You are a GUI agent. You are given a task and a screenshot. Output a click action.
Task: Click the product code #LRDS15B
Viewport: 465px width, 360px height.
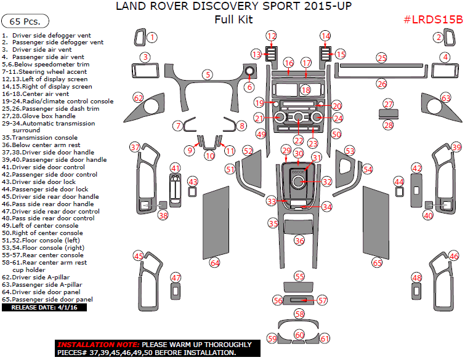pyautogui.click(x=433, y=20)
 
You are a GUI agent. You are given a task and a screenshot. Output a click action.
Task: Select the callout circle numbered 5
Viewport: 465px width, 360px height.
pyautogui.click(x=208, y=74)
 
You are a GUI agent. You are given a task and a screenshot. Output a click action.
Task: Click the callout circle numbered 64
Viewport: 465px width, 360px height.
pyautogui.click(x=214, y=263)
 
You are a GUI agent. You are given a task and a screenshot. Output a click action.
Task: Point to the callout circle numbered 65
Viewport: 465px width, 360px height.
pyautogui.click(x=378, y=263)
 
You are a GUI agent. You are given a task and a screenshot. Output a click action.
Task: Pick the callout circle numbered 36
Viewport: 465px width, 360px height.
pyautogui.click(x=299, y=241)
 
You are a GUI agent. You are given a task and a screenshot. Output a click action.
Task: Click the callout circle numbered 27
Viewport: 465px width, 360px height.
pyautogui.click(x=388, y=104)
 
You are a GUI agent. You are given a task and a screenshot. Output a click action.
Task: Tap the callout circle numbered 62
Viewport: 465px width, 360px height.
pyautogui.click(x=139, y=98)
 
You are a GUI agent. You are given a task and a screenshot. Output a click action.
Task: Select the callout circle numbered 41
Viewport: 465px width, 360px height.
pyautogui.click(x=176, y=168)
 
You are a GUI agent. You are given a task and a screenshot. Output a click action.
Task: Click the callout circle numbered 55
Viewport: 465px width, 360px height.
pyautogui.click(x=299, y=276)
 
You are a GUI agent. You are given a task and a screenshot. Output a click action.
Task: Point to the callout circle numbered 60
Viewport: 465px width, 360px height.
pyautogui.click(x=299, y=335)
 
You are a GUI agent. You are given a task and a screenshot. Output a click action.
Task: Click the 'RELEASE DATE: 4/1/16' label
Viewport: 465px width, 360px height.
pyautogui.click(x=44, y=307)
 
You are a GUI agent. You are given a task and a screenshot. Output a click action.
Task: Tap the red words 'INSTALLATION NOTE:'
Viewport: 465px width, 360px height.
pyautogui.click(x=99, y=345)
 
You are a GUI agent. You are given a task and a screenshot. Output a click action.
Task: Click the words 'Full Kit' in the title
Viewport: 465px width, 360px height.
pyautogui.click(x=233, y=19)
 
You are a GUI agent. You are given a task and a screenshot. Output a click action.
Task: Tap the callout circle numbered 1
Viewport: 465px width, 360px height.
pyautogui.click(x=152, y=38)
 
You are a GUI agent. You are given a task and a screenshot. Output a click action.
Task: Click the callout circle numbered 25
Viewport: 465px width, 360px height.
pyautogui.click(x=382, y=58)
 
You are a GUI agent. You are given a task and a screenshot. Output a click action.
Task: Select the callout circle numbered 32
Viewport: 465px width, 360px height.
pyautogui.click(x=326, y=182)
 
